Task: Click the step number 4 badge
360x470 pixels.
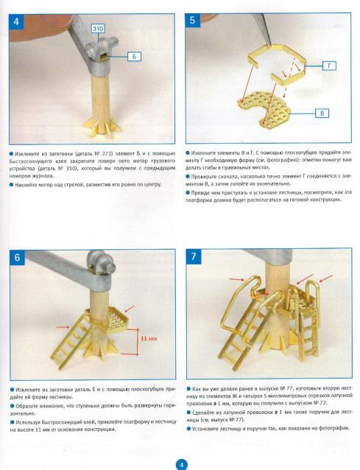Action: coord(16,21)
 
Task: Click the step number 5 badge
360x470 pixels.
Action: coord(193,20)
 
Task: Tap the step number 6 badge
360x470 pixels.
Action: coord(17,257)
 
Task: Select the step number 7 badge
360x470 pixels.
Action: coord(194,256)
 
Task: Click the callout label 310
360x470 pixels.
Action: coord(98,29)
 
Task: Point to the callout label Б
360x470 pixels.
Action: coord(134,56)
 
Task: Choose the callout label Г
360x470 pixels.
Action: coord(330,66)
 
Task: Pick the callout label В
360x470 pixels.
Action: coord(322,113)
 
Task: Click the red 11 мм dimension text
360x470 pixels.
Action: coord(149,338)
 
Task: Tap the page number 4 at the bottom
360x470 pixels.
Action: coord(180,465)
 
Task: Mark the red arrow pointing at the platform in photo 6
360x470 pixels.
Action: coord(130,309)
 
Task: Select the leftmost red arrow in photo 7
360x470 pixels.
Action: coord(236,279)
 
